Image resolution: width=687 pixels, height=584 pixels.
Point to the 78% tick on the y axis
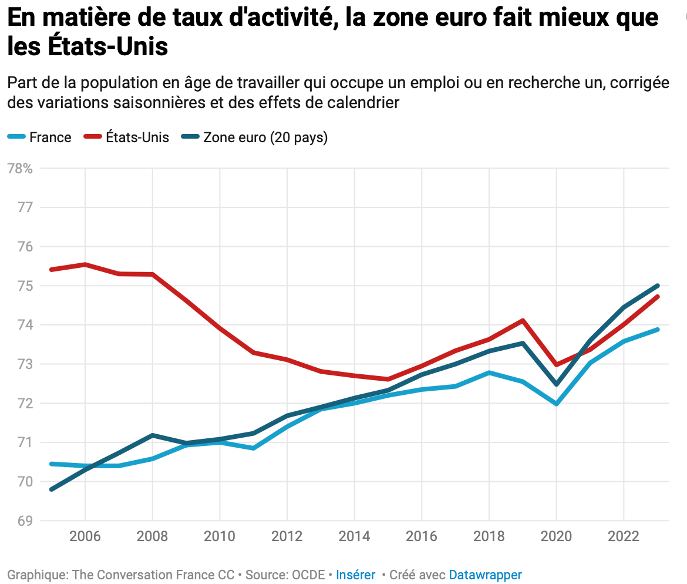(x=19, y=169)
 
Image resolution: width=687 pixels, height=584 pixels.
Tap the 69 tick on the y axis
(x=23, y=521)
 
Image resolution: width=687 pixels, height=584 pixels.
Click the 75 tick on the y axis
(x=23, y=286)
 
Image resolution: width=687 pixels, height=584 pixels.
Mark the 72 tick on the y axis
(x=23, y=404)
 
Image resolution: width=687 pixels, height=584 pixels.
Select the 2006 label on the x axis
(x=85, y=536)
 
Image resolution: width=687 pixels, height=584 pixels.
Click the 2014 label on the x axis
(x=354, y=536)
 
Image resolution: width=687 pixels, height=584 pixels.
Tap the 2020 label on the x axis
(x=556, y=536)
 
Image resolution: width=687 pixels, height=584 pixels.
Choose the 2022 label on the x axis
(x=623, y=536)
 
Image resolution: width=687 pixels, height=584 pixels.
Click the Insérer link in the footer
(x=355, y=575)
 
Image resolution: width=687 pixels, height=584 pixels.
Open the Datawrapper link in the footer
(x=485, y=575)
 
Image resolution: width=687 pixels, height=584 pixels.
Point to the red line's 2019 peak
(x=522, y=320)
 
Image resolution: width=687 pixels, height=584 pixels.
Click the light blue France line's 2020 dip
(x=556, y=404)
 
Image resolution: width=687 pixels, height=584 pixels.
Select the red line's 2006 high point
(x=85, y=264)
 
